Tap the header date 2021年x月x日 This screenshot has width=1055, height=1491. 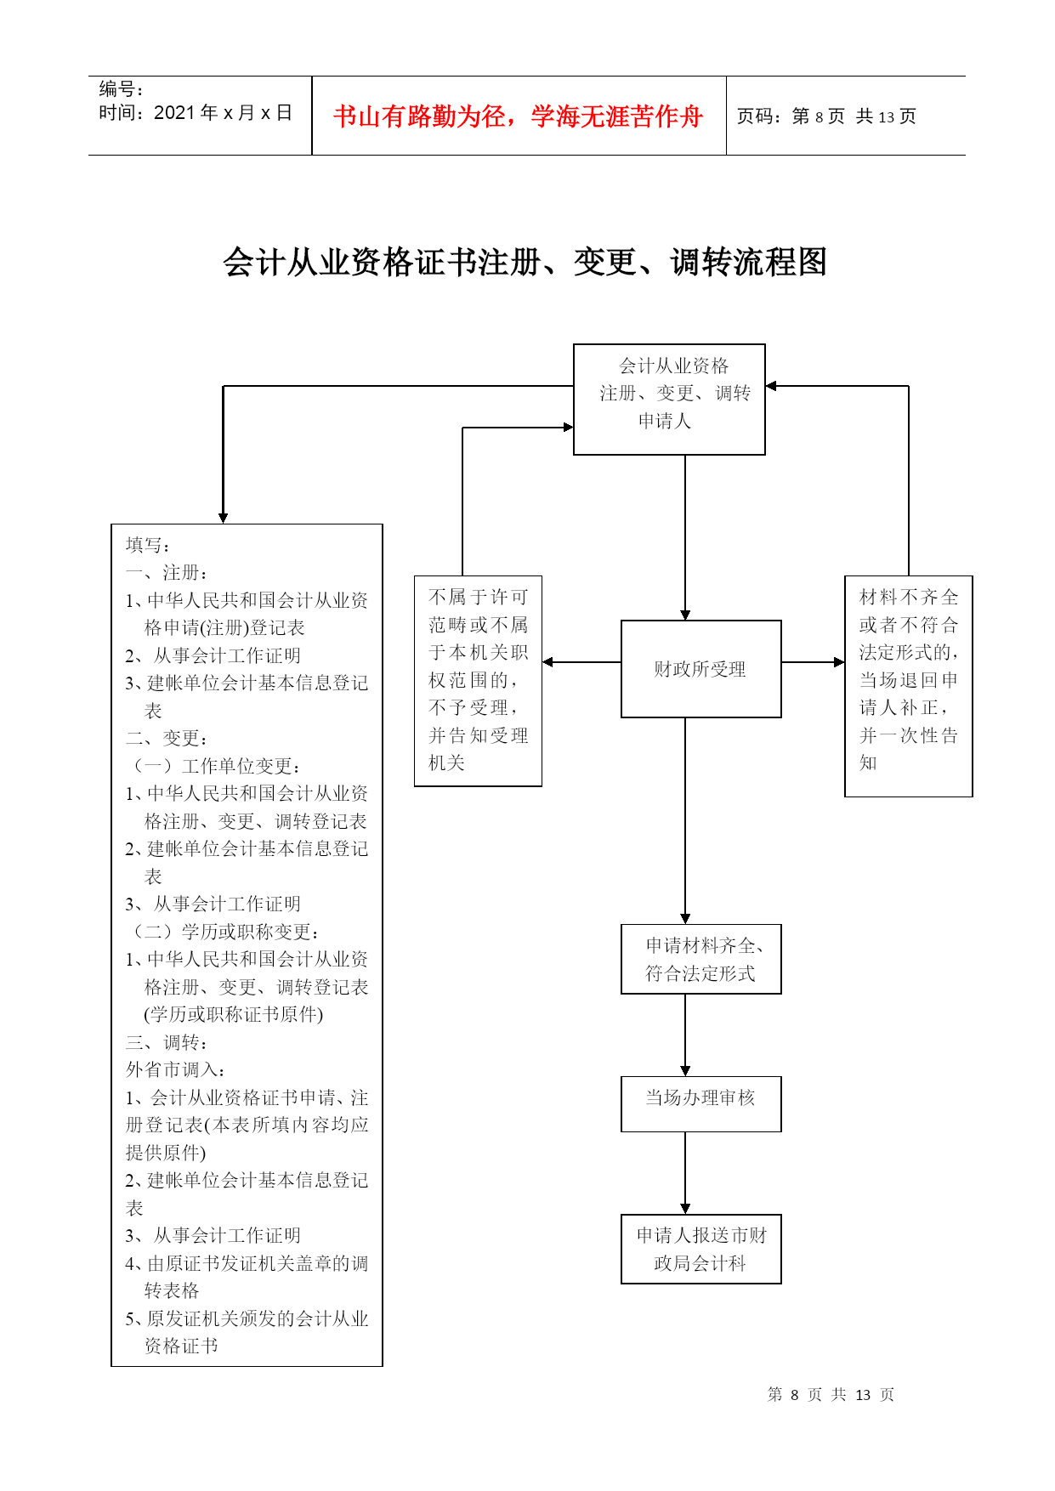pyautogui.click(x=223, y=113)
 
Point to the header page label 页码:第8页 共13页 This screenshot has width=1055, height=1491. pyautogui.click(x=826, y=116)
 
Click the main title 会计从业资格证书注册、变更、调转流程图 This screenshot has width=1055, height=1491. pyautogui.click(x=525, y=262)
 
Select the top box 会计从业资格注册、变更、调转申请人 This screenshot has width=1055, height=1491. pyautogui.click(x=669, y=400)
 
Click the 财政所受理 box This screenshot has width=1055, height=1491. pyautogui.click(x=700, y=669)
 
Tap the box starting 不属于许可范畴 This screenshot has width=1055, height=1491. pyautogui.click(x=478, y=681)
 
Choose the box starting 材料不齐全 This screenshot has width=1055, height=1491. pyautogui.click(x=908, y=686)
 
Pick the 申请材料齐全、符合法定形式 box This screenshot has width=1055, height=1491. pyautogui.click(x=700, y=959)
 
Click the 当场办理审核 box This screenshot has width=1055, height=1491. pyautogui.click(x=700, y=1104)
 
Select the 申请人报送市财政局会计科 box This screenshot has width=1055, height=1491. pyautogui.click(x=700, y=1249)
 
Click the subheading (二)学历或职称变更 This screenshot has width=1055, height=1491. pyautogui.click(x=223, y=932)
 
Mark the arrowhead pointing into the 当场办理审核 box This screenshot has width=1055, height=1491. pyautogui.click(x=685, y=1071)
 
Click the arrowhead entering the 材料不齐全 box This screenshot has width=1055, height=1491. pyautogui.click(x=839, y=662)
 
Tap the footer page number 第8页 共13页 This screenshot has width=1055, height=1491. pyautogui.click(x=831, y=1394)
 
